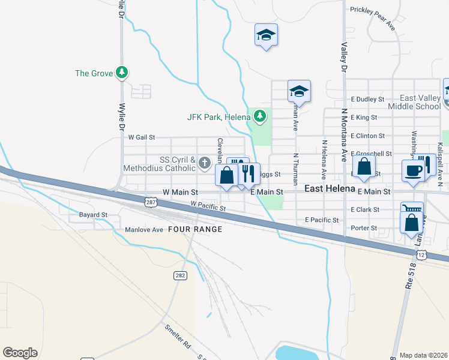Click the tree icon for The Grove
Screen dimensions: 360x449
[x=122, y=73]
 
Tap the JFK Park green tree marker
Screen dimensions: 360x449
[x=259, y=116]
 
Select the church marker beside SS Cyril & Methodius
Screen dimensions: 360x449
[x=204, y=163]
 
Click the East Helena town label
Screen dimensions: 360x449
[x=329, y=188]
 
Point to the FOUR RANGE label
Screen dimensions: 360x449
[x=195, y=229]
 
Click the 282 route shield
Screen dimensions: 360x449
[x=180, y=275]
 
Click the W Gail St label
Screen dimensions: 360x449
[x=140, y=137]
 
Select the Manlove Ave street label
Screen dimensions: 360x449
[x=144, y=230]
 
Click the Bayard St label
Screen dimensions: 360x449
[x=93, y=214]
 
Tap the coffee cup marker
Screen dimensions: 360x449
[x=413, y=170]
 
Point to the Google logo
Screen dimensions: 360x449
[x=20, y=353]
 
